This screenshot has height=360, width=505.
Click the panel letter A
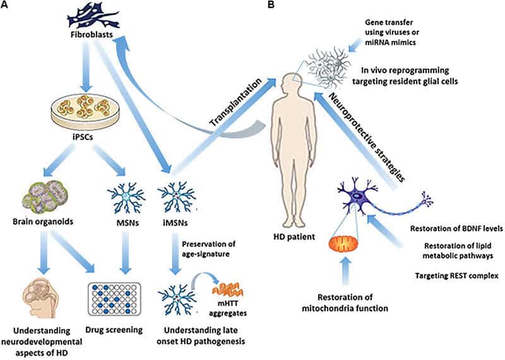pyautogui.click(x=6, y=6)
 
